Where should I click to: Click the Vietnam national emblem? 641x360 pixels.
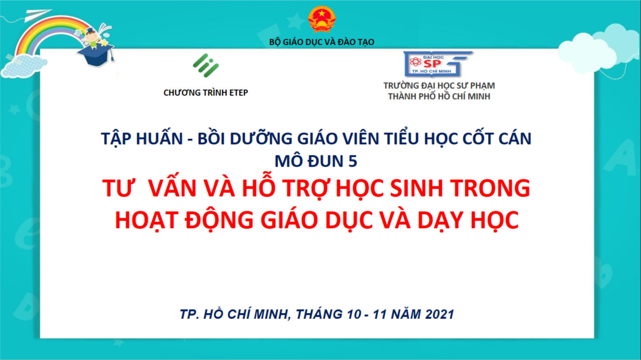322,19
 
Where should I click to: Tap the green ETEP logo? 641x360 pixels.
206,66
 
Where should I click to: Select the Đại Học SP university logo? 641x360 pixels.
438,64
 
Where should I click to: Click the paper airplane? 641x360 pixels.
37,15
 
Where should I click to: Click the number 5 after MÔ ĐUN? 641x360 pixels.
352,161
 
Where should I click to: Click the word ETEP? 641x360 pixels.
239,93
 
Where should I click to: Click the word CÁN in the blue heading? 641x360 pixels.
515,139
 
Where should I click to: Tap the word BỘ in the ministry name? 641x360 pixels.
274,42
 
